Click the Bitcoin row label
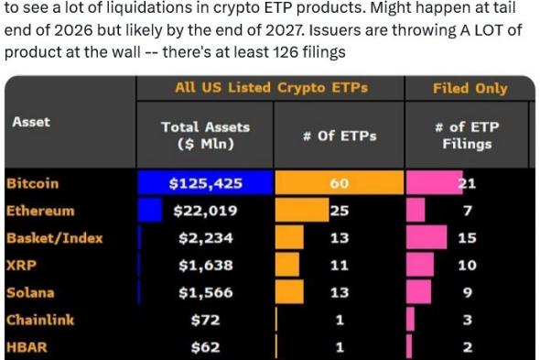(x=32, y=183)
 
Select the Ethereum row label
(x=39, y=211)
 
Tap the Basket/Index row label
(x=54, y=238)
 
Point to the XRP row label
(x=20, y=266)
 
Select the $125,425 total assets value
(x=205, y=183)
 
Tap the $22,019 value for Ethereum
(x=205, y=211)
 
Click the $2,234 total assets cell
(x=205, y=238)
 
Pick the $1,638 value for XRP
(x=205, y=266)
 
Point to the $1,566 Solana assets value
(x=205, y=293)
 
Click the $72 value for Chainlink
(x=205, y=321)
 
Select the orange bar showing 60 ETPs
(x=339, y=183)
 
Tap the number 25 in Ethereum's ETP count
(x=340, y=211)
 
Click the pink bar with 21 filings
(x=437, y=183)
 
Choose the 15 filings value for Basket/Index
(x=467, y=238)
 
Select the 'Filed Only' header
(x=470, y=88)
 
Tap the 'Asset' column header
(x=31, y=121)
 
